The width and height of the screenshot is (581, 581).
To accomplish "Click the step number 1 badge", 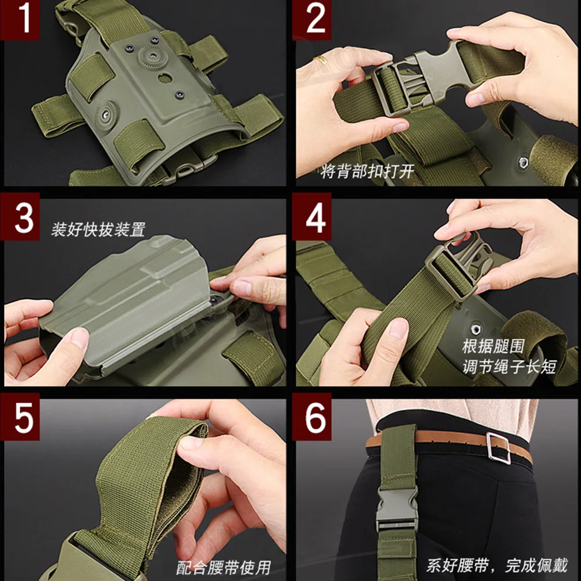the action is click(x=20, y=19).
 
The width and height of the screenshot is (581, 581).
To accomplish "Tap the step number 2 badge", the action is click(x=312, y=19).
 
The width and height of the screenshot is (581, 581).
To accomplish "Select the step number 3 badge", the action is click(x=20, y=217).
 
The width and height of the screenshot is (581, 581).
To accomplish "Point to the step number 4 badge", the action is click(x=312, y=217).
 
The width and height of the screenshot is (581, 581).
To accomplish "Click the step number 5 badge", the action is click(x=20, y=417).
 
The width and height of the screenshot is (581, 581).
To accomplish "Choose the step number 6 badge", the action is click(x=312, y=417).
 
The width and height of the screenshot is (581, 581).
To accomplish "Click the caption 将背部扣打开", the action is click(x=367, y=171).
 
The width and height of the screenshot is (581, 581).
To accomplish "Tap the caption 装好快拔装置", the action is click(x=99, y=229).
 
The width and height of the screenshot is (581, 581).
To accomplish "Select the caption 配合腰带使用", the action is click(x=224, y=567).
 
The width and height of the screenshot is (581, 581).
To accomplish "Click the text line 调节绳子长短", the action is click(x=510, y=367).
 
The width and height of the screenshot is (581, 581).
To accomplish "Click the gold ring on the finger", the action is click(x=321, y=60).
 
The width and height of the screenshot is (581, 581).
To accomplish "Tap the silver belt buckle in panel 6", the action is click(x=498, y=448).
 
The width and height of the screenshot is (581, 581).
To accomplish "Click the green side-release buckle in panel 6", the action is click(x=397, y=510).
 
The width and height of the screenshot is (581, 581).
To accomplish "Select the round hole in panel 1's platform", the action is click(x=165, y=78).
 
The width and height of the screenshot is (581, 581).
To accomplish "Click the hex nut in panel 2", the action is click(x=523, y=162).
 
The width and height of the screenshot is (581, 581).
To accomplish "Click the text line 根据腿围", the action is click(x=493, y=347).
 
